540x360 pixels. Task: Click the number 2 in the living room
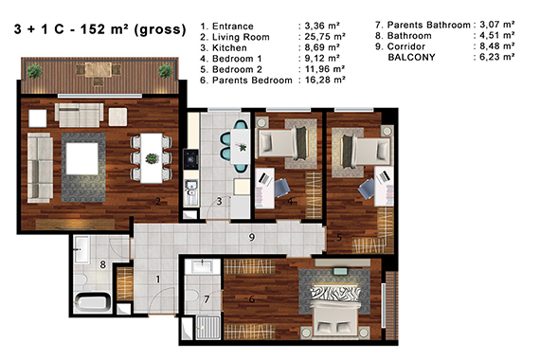[158, 201]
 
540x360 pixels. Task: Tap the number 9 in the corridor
[252, 237]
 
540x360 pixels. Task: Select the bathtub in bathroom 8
[92, 302]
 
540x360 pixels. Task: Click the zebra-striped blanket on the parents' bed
[335, 293]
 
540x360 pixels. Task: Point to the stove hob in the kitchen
[191, 159]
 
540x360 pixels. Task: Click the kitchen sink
[190, 187]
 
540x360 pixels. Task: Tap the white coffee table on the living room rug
[82, 159]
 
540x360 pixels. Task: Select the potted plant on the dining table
[152, 158]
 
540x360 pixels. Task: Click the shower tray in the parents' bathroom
[208, 327]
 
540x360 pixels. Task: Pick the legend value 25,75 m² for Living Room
[325, 37]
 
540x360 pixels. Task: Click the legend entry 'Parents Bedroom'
[252, 81]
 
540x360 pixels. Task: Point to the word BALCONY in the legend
[411, 57]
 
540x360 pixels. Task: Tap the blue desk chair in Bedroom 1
[281, 188]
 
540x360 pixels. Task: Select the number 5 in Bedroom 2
[339, 238]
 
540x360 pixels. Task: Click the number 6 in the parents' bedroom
[252, 299]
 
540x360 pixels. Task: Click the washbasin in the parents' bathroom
[202, 266]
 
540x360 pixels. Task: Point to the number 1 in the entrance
[158, 279]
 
